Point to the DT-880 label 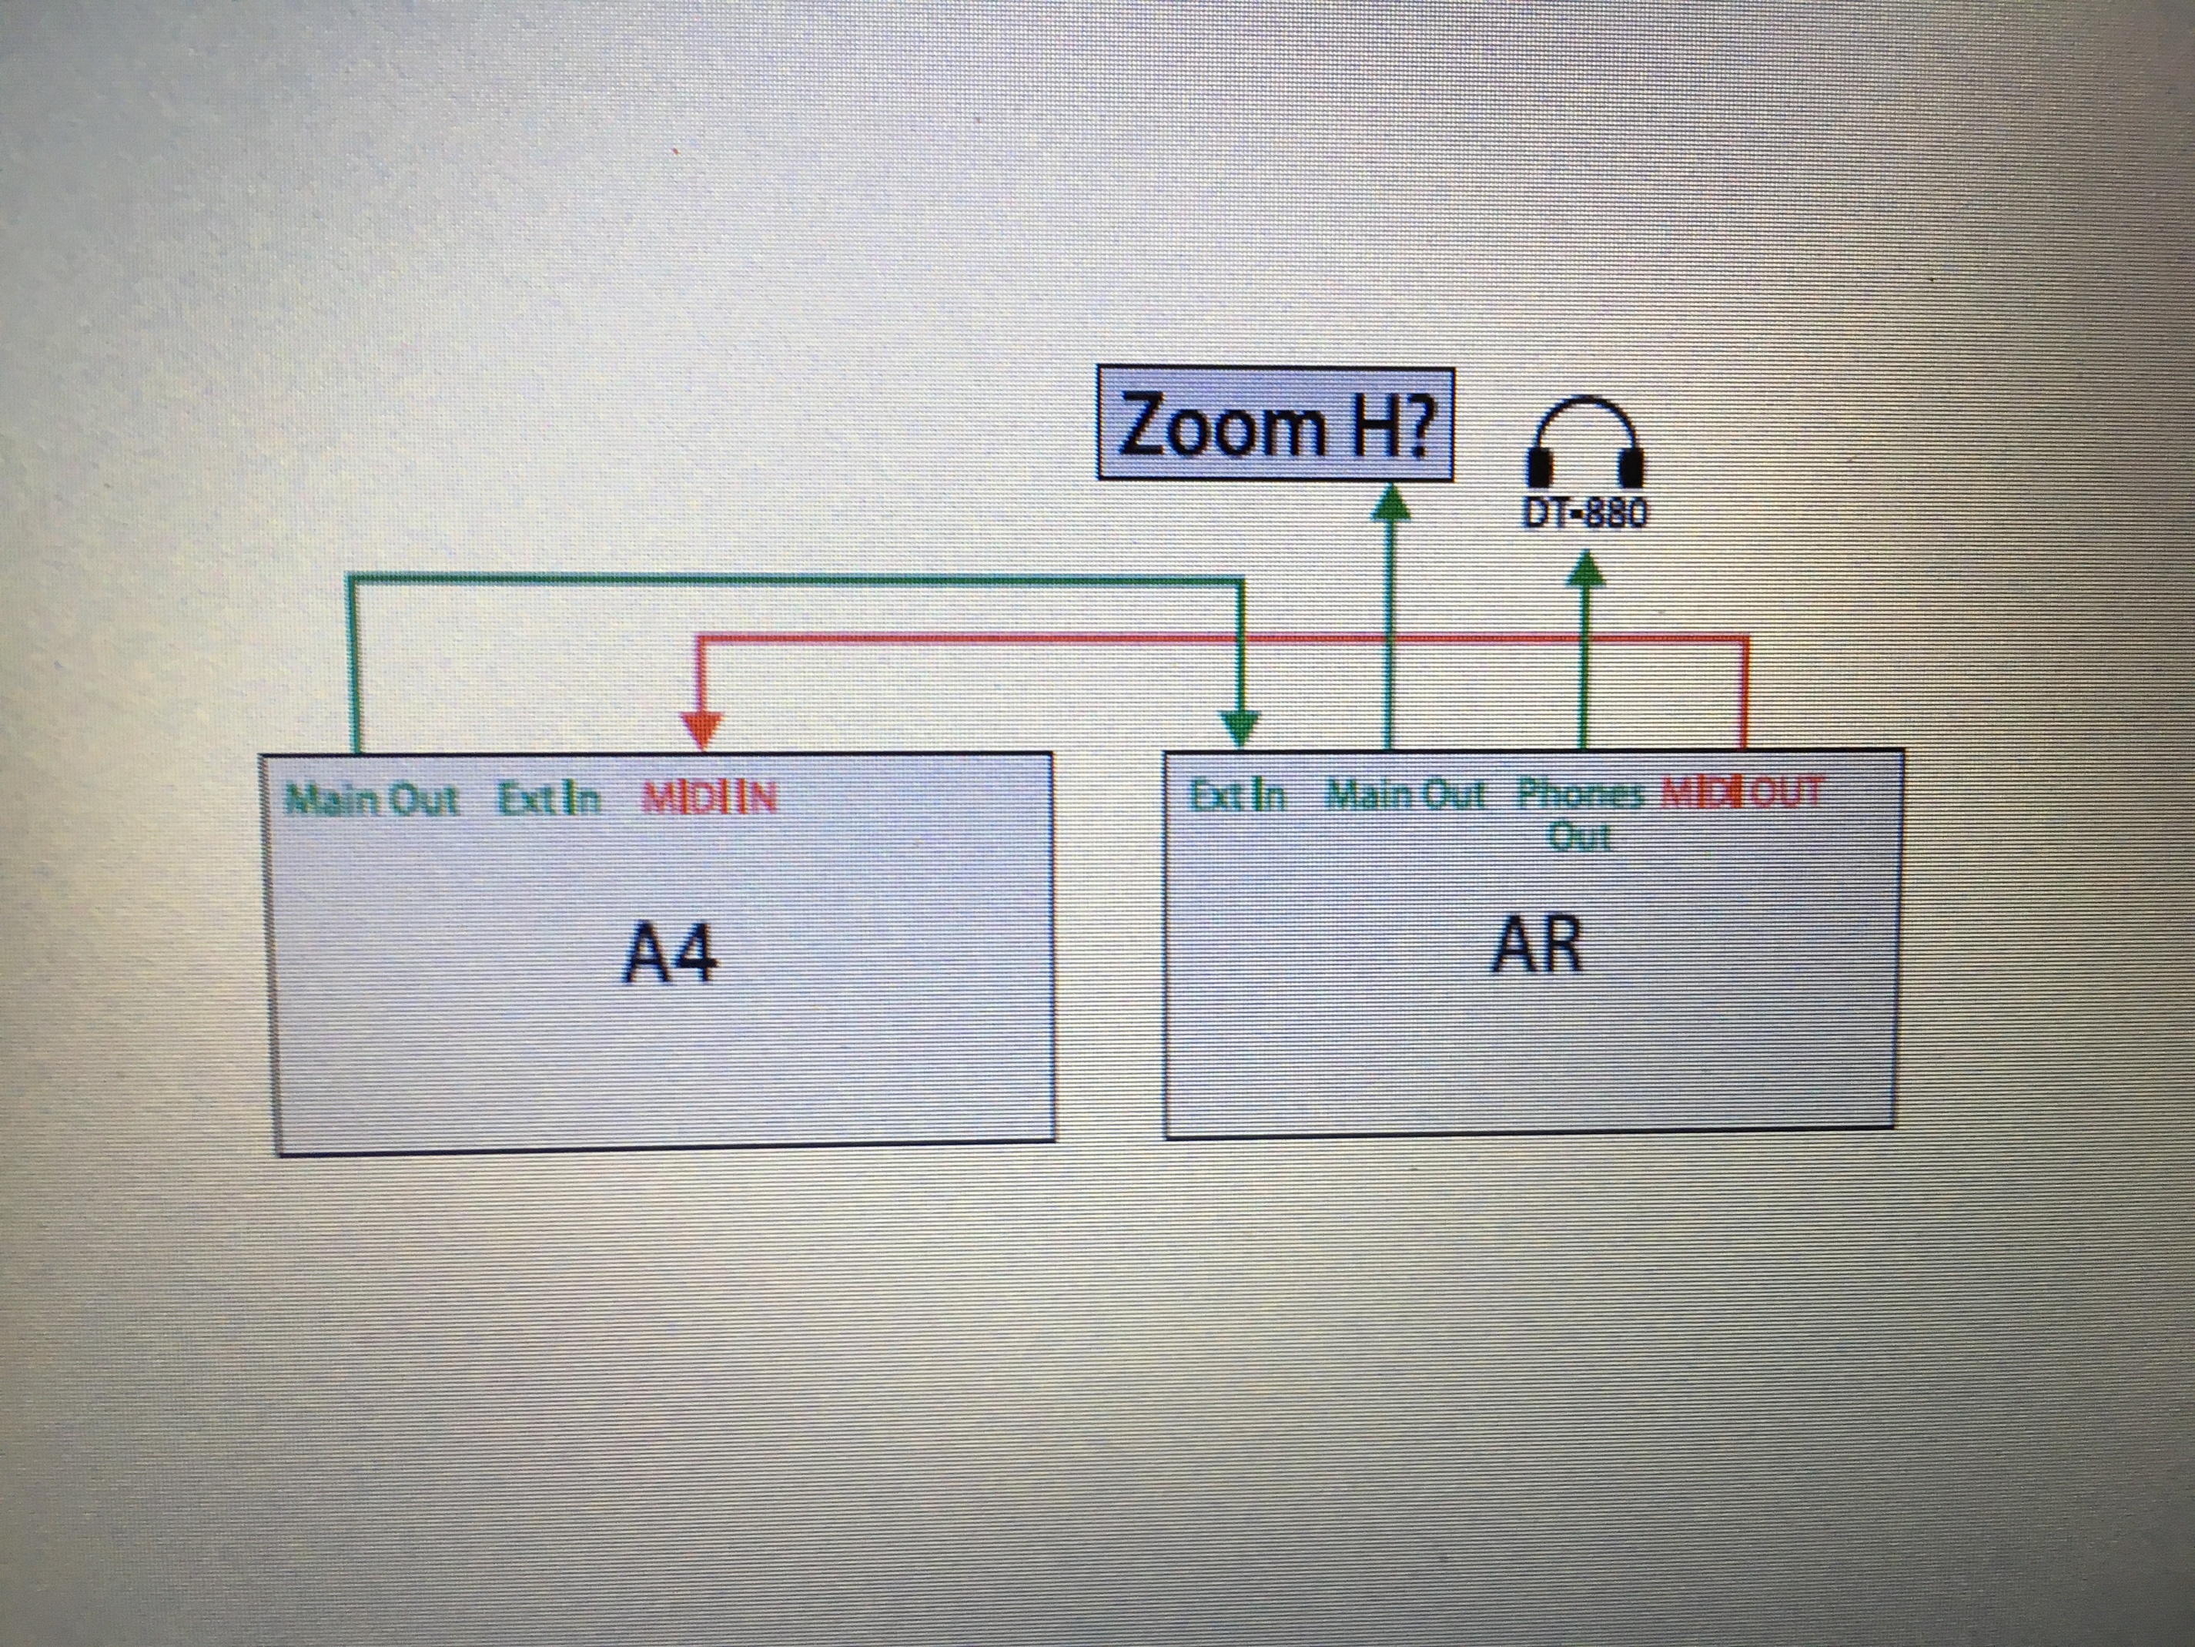[x=1584, y=512]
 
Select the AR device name [x=1536, y=944]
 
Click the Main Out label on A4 [x=371, y=799]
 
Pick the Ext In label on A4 [x=549, y=799]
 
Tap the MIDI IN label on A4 [x=710, y=799]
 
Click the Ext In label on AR [x=1237, y=795]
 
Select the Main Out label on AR [x=1405, y=795]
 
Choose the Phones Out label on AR [x=1580, y=814]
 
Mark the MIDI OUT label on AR [x=1742, y=793]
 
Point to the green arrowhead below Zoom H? [x=1391, y=501]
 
